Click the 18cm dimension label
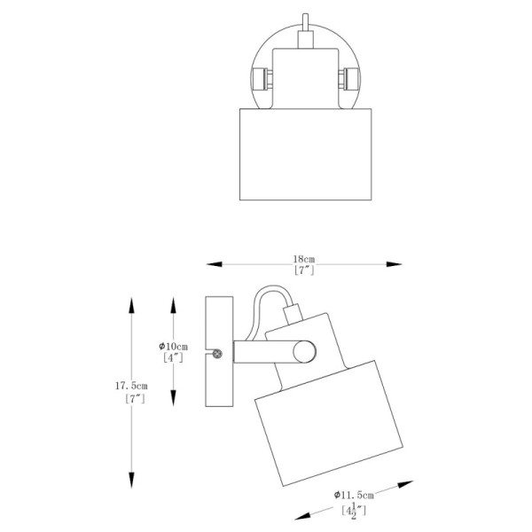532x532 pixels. (304, 259)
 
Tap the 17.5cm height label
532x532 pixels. (131, 386)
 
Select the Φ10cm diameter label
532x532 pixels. (174, 347)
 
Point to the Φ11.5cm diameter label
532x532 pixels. (354, 495)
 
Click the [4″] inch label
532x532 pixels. (173, 357)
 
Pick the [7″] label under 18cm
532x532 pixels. (304, 270)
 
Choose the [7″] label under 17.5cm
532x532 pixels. (135, 398)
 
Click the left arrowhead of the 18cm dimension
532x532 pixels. (214, 264)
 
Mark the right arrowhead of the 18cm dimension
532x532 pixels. (395, 264)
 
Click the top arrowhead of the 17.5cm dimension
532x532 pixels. (131, 305)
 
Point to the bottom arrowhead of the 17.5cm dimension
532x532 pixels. (131, 480)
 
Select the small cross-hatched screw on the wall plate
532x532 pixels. (217, 354)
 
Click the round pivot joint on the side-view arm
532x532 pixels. (304, 351)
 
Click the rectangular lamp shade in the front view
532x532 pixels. (305, 154)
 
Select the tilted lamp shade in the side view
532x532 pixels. (328, 423)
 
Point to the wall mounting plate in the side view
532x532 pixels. (219, 351)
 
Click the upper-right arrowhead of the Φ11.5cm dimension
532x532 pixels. (405, 484)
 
